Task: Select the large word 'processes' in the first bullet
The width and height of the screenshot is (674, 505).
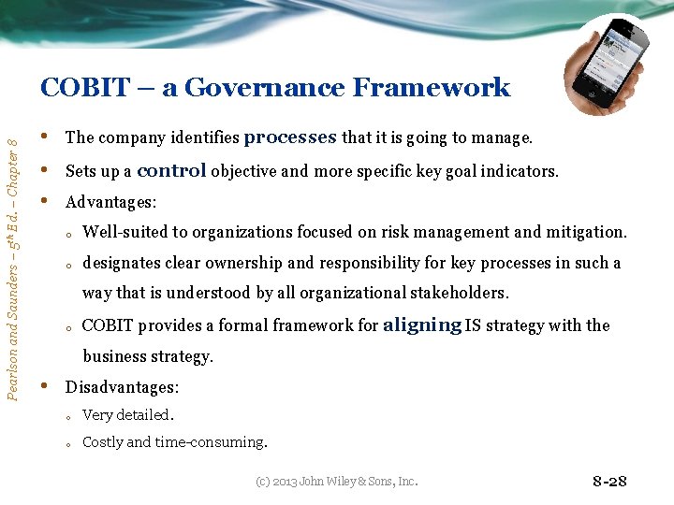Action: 290,137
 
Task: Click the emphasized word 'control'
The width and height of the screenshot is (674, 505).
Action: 171,171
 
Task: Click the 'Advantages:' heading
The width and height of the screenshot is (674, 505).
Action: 110,202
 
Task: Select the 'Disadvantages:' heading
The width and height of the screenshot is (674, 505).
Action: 122,387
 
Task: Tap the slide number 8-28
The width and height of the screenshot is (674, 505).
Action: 609,482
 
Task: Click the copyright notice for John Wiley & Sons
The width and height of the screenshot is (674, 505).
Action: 337,482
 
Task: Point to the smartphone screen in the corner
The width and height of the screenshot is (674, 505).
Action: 609,61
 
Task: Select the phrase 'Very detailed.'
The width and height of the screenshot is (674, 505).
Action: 127,415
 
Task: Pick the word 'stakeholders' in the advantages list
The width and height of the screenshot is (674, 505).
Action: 463,294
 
